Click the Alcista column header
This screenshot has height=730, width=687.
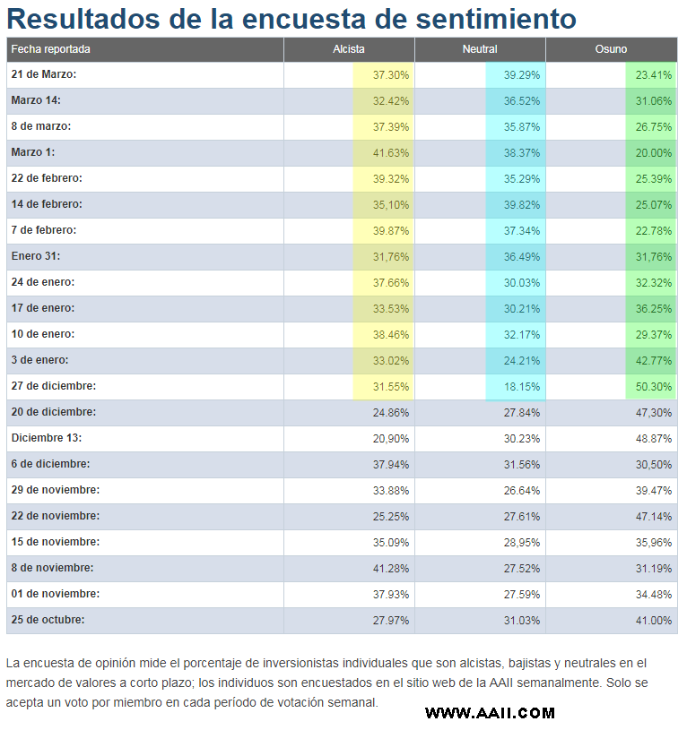[x=348, y=49]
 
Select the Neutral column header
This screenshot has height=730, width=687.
[x=480, y=49]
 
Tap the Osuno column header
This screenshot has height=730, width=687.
[x=611, y=49]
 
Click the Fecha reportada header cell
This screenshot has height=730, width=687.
[x=51, y=49]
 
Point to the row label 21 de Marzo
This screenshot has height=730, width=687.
[x=44, y=74]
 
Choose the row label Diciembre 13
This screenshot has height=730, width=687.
[x=46, y=438]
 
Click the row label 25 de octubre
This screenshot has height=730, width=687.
[x=48, y=620]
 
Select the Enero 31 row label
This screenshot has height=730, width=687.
[x=36, y=256]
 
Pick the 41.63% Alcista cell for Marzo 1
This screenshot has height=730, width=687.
[x=390, y=152]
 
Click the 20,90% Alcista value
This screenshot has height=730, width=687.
[x=390, y=438]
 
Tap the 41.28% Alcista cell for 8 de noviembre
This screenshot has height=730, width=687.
[x=390, y=568]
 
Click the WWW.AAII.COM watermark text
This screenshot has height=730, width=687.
[x=490, y=713]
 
